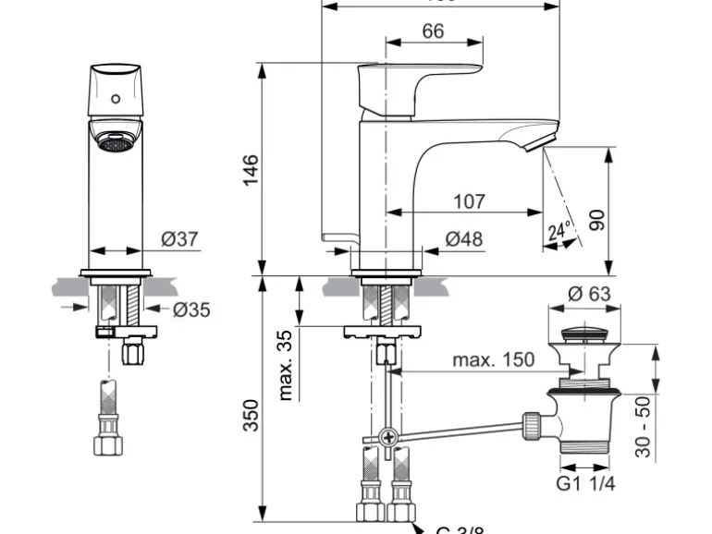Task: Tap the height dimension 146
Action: pos(251,171)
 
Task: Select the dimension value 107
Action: pos(469,200)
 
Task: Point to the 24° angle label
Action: pos(556,232)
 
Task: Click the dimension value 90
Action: pos(596,219)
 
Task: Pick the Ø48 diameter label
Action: pos(464,239)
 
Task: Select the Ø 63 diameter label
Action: pos(589,294)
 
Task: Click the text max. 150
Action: pos(493,359)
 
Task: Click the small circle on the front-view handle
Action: pos(116,97)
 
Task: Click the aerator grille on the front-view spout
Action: pos(114,143)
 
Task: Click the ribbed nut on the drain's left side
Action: pos(534,426)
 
